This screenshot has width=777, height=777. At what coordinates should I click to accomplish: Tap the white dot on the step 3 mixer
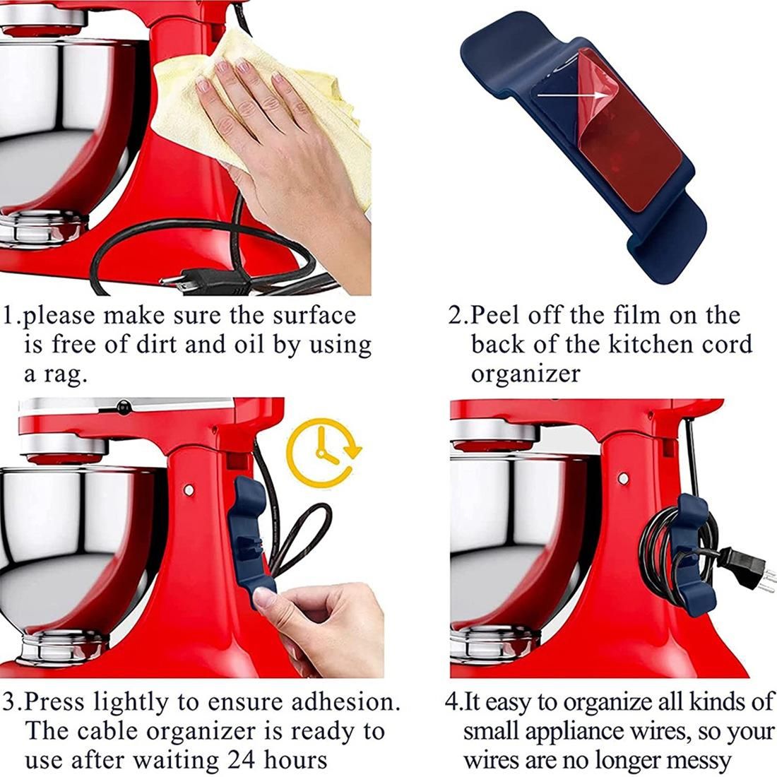pos(189,490)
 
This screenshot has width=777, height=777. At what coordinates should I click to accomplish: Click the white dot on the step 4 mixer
pos(624,479)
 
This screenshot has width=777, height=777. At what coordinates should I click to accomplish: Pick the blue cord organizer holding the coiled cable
pos(692,555)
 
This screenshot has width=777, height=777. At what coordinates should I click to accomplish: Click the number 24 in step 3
pos(242,759)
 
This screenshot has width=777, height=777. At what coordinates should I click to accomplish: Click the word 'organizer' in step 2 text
pos(525,374)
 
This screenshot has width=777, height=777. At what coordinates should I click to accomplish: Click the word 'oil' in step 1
pos(249,345)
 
